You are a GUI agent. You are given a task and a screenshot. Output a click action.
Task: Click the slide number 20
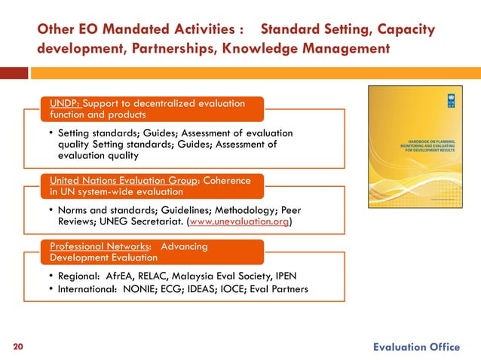point(18,346)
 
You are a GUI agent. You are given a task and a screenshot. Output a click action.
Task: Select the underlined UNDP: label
point(65,103)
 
